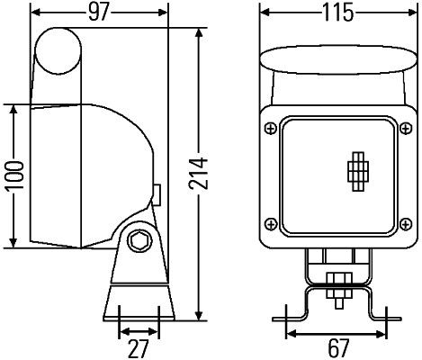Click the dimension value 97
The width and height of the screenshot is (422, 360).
pyautogui.click(x=99, y=12)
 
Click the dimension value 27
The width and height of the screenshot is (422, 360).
pyautogui.click(x=138, y=346)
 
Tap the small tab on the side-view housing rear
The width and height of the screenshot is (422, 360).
pyautogui.click(x=157, y=194)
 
